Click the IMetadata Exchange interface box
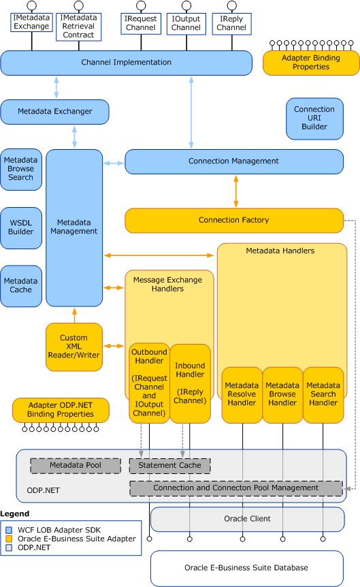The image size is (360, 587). click(x=31, y=22)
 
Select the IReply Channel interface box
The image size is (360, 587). click(x=231, y=23)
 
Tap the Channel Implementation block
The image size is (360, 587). click(x=126, y=63)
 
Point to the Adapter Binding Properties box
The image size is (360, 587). click(x=311, y=63)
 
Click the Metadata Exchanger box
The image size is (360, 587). click(x=54, y=112)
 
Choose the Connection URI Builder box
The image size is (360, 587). click(x=314, y=118)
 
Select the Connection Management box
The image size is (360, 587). click(x=233, y=161)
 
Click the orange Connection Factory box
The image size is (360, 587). click(x=233, y=220)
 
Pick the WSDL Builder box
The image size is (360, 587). click(x=21, y=227)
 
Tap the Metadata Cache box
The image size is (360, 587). click(x=21, y=285)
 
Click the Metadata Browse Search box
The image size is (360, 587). click(x=21, y=168)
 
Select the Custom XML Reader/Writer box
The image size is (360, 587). click(x=73, y=347)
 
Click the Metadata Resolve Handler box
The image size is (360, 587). click(x=242, y=394)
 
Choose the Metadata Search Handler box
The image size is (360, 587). click(x=323, y=394)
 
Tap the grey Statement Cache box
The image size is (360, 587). click(x=169, y=466)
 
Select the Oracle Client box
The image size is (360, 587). click(x=247, y=519)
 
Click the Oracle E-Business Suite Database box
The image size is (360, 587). click(x=246, y=568)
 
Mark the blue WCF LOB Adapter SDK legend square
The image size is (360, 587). click(x=9, y=529)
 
